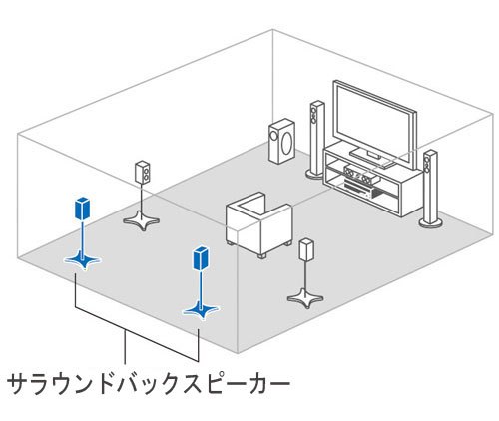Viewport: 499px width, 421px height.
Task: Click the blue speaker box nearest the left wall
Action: click(x=80, y=209)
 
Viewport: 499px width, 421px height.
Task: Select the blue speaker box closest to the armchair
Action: click(x=200, y=257)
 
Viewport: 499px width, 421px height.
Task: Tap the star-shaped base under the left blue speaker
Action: click(x=81, y=260)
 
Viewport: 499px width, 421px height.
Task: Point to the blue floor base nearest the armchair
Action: click(x=200, y=310)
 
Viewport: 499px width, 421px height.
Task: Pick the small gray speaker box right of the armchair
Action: click(x=304, y=250)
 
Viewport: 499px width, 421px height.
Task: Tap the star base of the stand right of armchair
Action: click(x=303, y=296)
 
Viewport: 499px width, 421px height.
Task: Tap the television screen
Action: click(x=370, y=119)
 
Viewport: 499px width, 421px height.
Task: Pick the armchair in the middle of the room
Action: click(x=258, y=225)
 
